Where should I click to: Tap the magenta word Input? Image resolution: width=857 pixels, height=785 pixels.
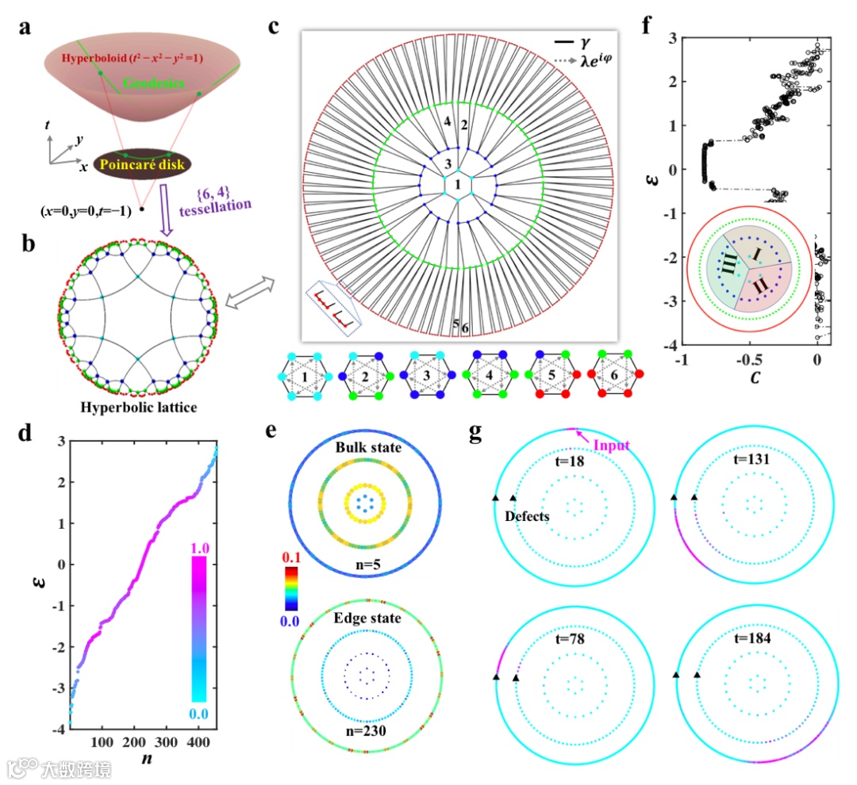point(610,446)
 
